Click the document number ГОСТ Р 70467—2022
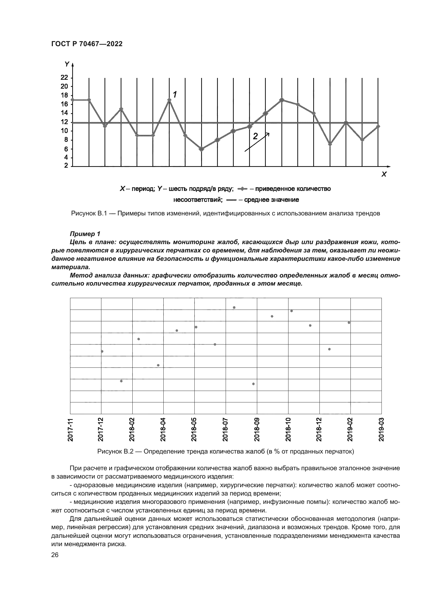pos(87,44)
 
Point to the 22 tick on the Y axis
pos(64,77)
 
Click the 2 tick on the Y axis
pos(66,166)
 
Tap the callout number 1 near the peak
pos(175,94)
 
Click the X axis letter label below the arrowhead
pos(384,174)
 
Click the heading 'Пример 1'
pos(85,234)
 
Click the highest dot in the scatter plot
pos(234,307)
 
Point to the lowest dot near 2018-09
pos(253,384)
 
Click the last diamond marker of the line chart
pos(378,126)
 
